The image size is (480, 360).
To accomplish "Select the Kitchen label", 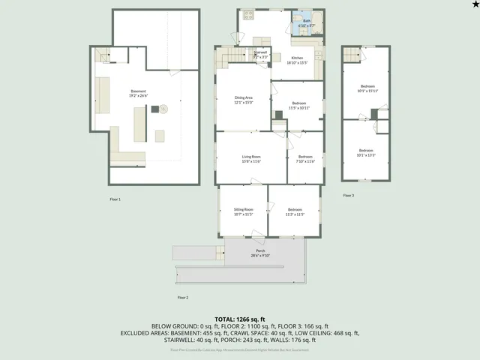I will tap(297, 60).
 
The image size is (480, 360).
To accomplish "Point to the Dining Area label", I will tap(243, 99).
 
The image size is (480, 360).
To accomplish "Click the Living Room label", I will tap(250, 158).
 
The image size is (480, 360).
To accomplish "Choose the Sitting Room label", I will tap(243, 211).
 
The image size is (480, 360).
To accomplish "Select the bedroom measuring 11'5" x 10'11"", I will tap(298, 105).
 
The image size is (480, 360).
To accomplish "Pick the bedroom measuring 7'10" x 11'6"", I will tap(304, 158).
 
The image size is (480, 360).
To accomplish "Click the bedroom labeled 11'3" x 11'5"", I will tap(294, 211).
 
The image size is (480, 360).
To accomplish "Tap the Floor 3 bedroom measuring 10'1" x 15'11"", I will tap(367, 88).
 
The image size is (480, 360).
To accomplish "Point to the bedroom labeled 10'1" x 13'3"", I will tap(367, 153).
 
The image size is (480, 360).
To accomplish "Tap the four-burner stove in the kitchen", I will tap(248, 14).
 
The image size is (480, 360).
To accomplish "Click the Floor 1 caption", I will tap(115, 199).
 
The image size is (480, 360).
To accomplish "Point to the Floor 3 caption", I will tap(348, 195).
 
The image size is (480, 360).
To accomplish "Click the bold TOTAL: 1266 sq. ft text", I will tap(240, 319).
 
